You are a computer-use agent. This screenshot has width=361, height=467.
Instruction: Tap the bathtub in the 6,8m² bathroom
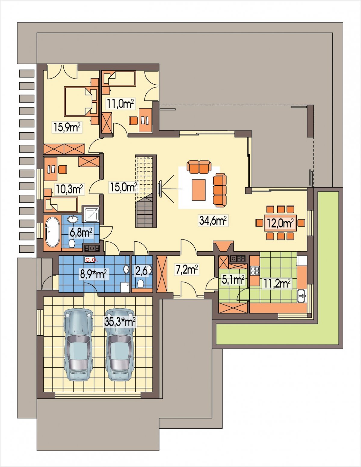52,232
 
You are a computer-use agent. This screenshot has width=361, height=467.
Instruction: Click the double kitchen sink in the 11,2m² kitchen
301,296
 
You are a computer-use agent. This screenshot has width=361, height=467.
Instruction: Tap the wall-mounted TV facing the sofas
160,188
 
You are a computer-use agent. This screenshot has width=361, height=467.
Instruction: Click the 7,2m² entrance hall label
187,270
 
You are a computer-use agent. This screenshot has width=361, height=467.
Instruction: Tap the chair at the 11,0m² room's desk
133,120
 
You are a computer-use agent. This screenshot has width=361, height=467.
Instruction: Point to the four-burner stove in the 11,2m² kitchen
255,271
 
